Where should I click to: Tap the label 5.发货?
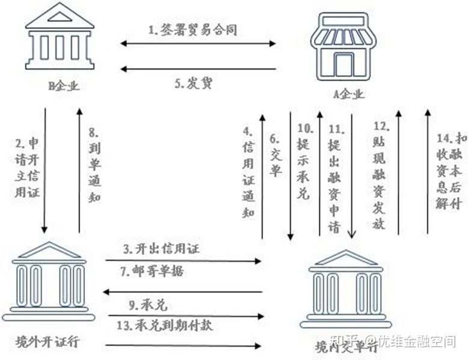pyautogui.click(x=193, y=83)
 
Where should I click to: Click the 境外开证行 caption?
pyautogui.click(x=48, y=342)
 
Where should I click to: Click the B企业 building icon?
pyautogui.click(x=60, y=39)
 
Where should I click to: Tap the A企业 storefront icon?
pyautogui.click(x=342, y=46)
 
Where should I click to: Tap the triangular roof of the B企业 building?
pyautogui.click(x=60, y=16)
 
